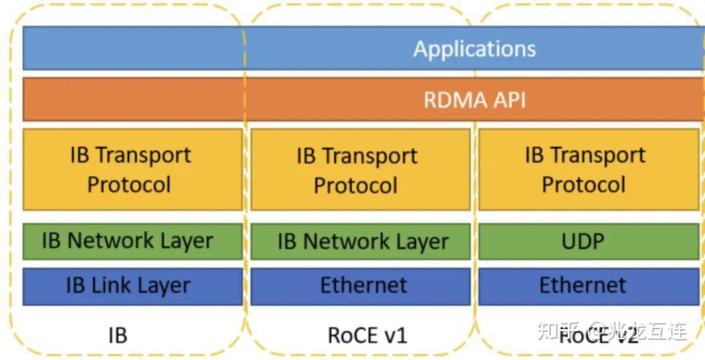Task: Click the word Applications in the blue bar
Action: pos(474,49)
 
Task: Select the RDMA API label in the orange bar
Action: pos(474,100)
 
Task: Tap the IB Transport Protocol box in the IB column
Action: pos(132,170)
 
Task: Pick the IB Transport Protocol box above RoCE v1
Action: pos(361,170)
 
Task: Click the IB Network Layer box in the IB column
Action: pos(132,241)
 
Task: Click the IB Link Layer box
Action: pos(132,286)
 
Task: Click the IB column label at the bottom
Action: pos(117,334)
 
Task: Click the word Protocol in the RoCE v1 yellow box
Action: pos(356,185)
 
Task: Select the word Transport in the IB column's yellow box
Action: pos(143,155)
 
